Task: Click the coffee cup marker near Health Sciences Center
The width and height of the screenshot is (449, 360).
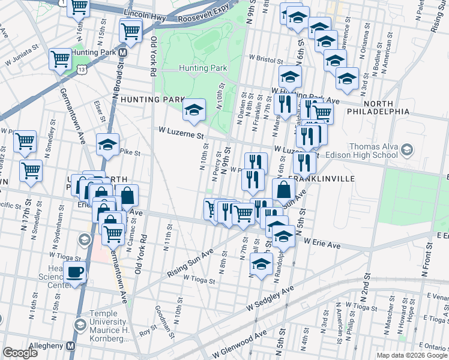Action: pyautogui.click(x=76, y=271)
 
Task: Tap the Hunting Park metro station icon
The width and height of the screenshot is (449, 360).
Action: pyautogui.click(x=122, y=53)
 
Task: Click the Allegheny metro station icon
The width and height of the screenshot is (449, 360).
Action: pyautogui.click(x=71, y=346)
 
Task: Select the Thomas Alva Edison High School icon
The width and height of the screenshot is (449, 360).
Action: pyautogui.click(x=408, y=149)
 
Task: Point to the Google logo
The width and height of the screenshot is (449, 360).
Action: pyautogui.click(x=20, y=353)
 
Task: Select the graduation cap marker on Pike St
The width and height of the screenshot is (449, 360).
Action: pyautogui.click(x=108, y=145)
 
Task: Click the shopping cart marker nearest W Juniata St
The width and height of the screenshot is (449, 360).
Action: pyautogui.click(x=60, y=59)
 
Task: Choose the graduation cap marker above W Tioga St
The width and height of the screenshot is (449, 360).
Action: pyautogui.click(x=261, y=264)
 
